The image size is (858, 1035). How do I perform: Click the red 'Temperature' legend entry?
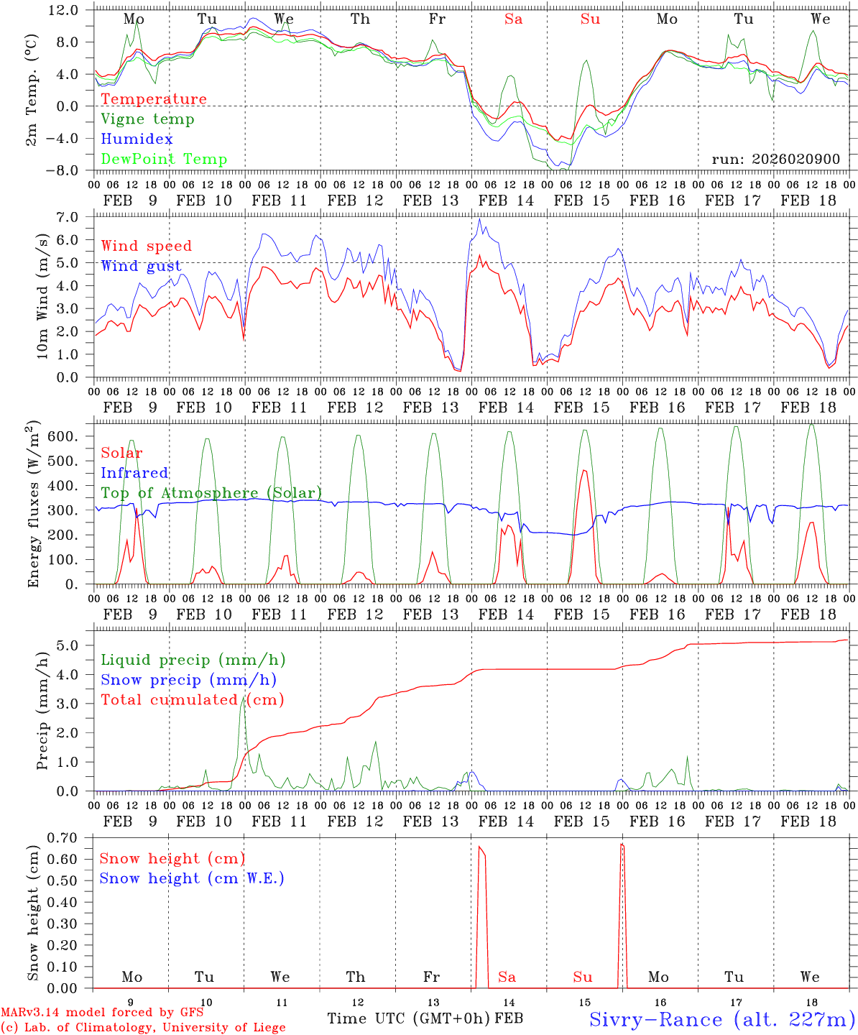(154, 99)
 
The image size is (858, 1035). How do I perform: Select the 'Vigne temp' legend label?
(147, 119)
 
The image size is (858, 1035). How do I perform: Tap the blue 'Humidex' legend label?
(137, 139)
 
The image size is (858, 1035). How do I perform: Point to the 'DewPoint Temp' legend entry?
(164, 160)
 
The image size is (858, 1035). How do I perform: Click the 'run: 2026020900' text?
(775, 160)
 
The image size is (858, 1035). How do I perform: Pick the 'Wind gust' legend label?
(141, 266)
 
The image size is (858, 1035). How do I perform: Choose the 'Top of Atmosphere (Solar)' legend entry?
(211, 493)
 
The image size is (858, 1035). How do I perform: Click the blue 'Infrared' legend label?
(134, 473)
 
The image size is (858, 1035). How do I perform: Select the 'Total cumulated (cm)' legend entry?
(192, 700)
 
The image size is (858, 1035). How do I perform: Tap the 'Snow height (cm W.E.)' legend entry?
(192, 878)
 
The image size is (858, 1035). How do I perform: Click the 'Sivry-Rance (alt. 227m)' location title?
(721, 1019)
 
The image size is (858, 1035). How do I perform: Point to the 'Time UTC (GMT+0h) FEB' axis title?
(425, 1018)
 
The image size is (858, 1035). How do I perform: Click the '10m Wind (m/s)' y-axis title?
(43, 296)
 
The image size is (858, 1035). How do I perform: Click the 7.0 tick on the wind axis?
(71, 217)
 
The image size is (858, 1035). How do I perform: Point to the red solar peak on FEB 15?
(584, 470)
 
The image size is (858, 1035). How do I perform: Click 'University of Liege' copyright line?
(143, 1028)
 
